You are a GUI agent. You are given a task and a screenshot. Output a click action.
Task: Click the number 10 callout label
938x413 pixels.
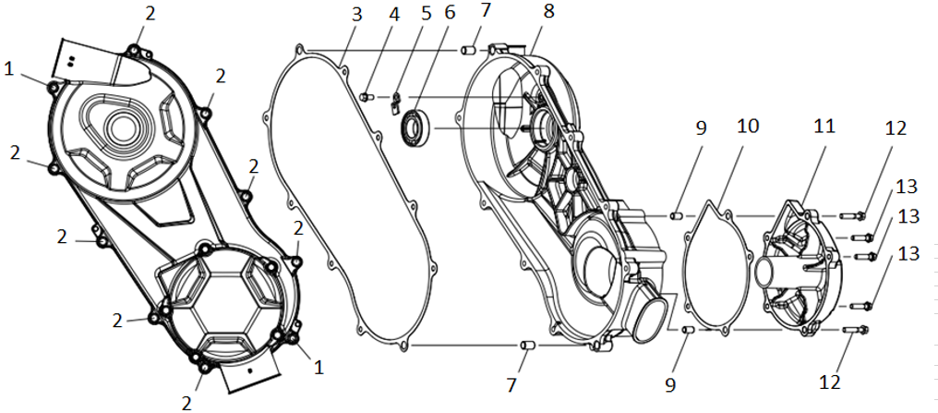point(748,127)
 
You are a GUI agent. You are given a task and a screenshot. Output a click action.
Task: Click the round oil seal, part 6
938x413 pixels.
point(414,126)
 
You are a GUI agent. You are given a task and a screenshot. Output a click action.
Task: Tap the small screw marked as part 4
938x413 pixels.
point(367,96)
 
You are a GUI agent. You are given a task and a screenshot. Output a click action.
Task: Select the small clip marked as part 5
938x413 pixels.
point(395,101)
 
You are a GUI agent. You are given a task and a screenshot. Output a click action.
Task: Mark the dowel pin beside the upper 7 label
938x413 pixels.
point(468,49)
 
